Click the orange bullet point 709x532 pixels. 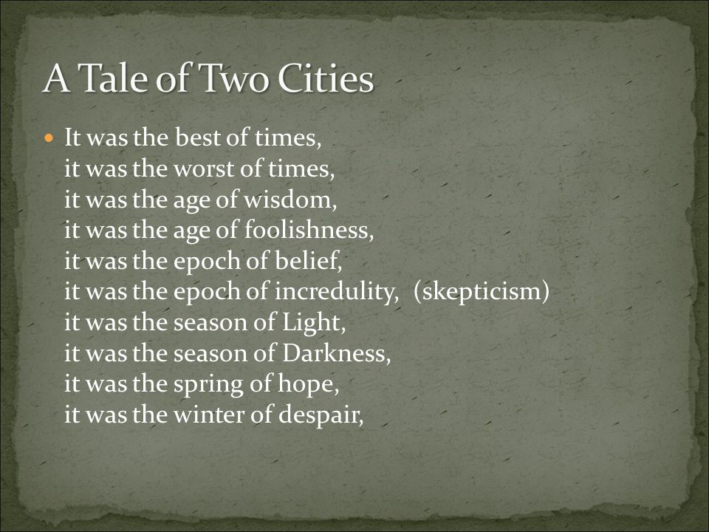pyautogui.click(x=49, y=137)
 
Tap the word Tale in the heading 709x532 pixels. pyautogui.click(x=113, y=78)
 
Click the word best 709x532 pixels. pyautogui.click(x=198, y=137)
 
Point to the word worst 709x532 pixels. pyautogui.click(x=204, y=168)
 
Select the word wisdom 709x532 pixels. pyautogui.click(x=290, y=199)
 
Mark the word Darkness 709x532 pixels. pyautogui.click(x=336, y=353)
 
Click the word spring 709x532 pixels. pyautogui.click(x=208, y=384)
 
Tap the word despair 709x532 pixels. pyautogui.click(x=321, y=415)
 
